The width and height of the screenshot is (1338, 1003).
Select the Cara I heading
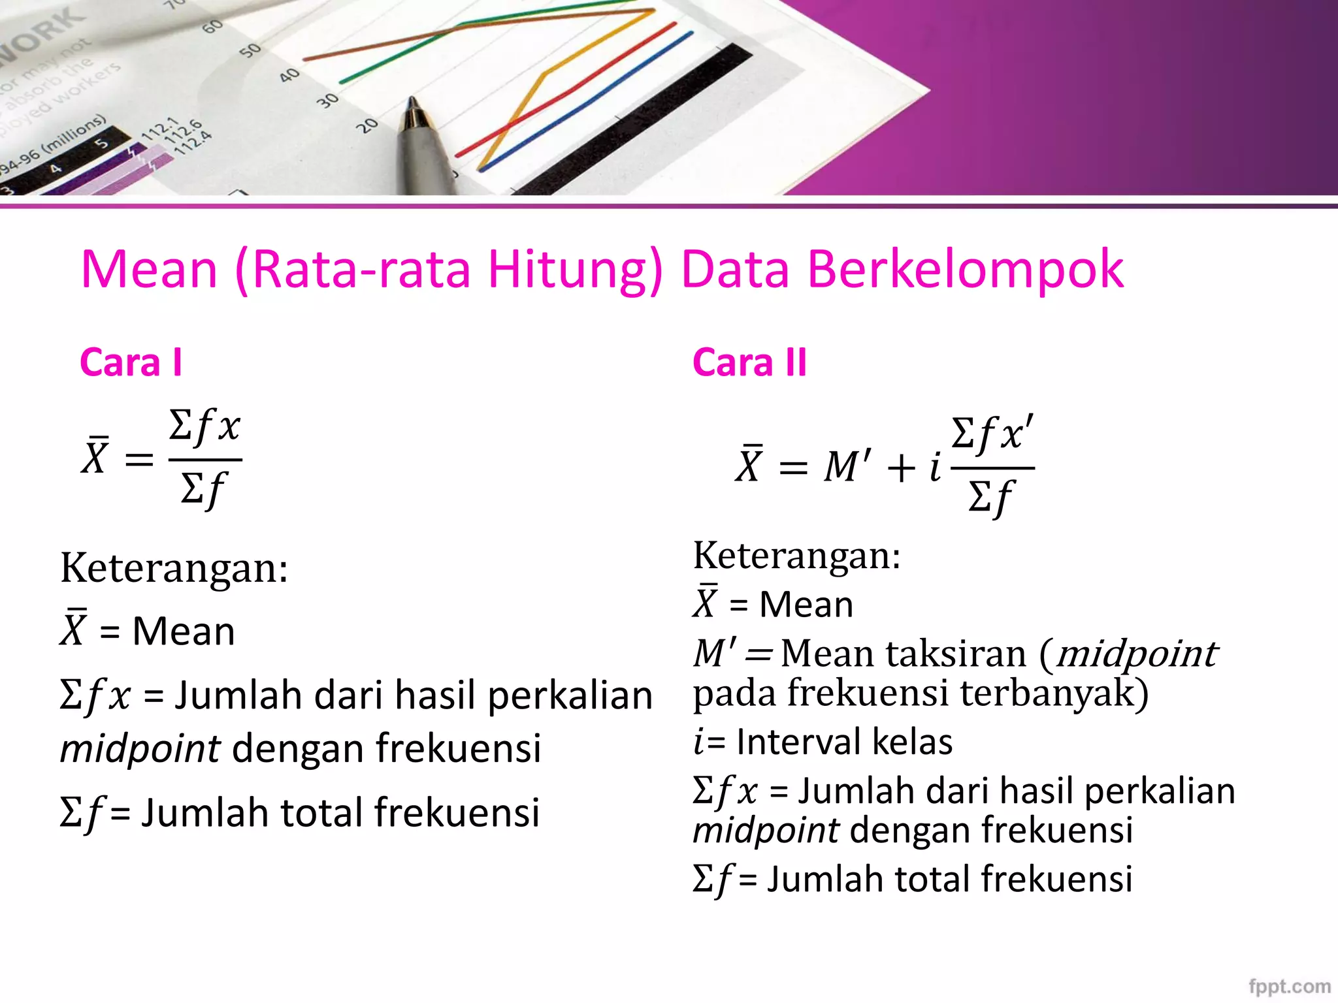pyautogui.click(x=131, y=362)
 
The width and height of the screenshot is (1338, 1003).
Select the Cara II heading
pyautogui.click(x=749, y=362)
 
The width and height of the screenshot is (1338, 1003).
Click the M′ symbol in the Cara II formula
pyautogui.click(x=847, y=466)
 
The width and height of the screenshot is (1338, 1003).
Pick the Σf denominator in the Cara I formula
pyautogui.click(x=203, y=489)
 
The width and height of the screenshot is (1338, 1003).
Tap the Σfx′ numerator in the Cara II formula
pyautogui.click(x=992, y=434)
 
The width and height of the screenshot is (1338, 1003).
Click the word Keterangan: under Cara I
pyautogui.click(x=174, y=567)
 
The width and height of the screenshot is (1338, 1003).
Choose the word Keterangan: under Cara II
pyautogui.click(x=796, y=556)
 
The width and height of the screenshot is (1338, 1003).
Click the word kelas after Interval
pyautogui.click(x=913, y=742)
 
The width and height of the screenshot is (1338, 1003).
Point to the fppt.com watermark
pyautogui.click(x=1289, y=986)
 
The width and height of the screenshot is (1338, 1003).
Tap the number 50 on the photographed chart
pyautogui.click(x=250, y=50)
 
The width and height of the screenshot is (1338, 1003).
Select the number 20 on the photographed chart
pyautogui.click(x=368, y=124)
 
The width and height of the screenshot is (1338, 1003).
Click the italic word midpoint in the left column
pyautogui.click(x=140, y=748)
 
